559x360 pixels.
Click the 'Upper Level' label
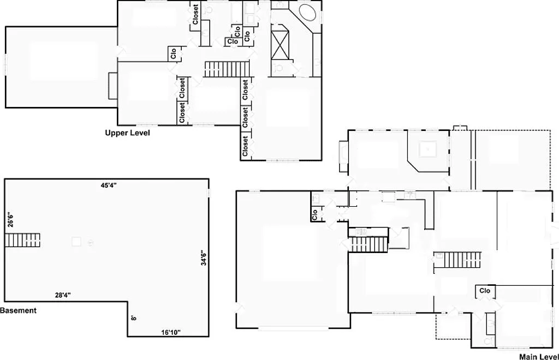(x=127, y=133)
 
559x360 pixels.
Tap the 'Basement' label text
(x=18, y=310)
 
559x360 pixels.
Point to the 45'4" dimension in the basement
(x=109, y=185)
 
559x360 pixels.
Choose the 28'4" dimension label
(x=63, y=295)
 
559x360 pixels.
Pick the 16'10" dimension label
(x=171, y=332)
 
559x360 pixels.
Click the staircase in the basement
(x=23, y=239)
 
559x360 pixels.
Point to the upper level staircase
(x=227, y=69)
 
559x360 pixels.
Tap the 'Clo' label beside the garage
(x=314, y=215)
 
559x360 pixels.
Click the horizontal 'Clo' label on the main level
(x=485, y=291)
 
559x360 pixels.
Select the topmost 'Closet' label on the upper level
(x=195, y=15)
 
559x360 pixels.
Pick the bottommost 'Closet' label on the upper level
(x=245, y=146)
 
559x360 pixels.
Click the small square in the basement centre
(x=77, y=241)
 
